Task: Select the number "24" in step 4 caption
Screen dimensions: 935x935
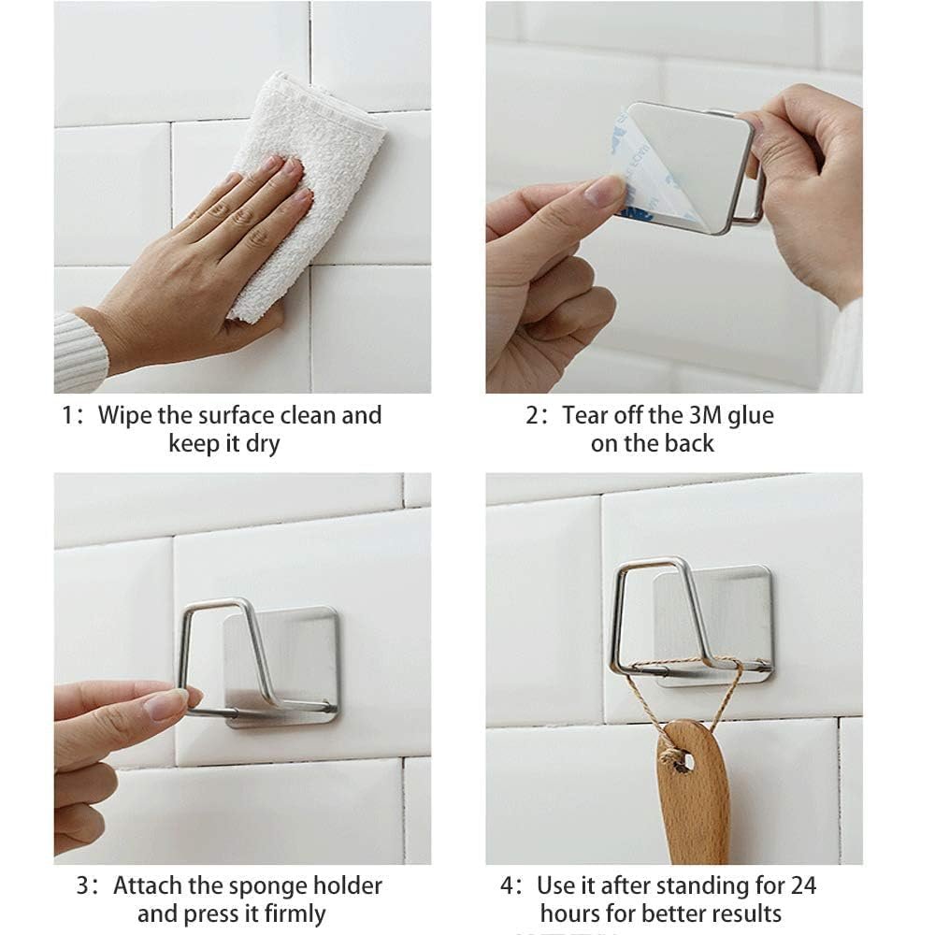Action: [x=803, y=885]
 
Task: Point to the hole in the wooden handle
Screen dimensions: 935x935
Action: [x=684, y=760]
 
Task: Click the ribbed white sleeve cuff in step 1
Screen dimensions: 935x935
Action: [x=79, y=351]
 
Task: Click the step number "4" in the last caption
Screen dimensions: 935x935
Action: [x=508, y=885]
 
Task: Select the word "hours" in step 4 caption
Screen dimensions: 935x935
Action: [x=570, y=913]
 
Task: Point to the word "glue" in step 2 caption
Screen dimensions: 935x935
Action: [x=748, y=415]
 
